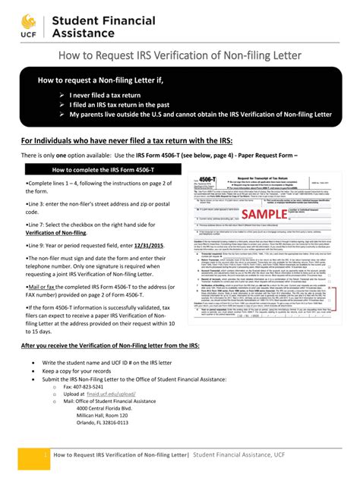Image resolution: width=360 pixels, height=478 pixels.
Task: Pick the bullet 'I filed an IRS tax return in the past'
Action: click(126, 105)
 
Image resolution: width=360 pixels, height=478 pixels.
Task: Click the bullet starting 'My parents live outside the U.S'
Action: click(201, 115)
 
